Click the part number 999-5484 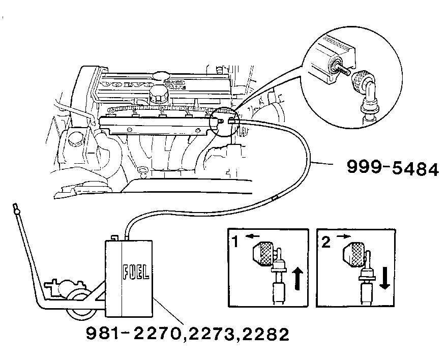coord(392,168)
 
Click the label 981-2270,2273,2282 coord(188,334)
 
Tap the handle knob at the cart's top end coord(17,208)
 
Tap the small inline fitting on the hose coord(275,197)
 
